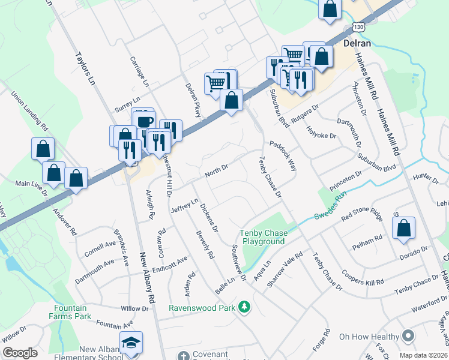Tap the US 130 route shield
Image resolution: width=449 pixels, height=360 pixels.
point(358,27)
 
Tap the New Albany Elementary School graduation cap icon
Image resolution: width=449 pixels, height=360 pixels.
point(130,342)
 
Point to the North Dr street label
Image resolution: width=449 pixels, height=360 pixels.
point(217,170)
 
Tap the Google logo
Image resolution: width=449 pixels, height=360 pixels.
point(20,353)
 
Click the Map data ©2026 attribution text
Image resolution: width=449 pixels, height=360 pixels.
point(423,355)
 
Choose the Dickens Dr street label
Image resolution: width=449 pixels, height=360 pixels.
point(209,218)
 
